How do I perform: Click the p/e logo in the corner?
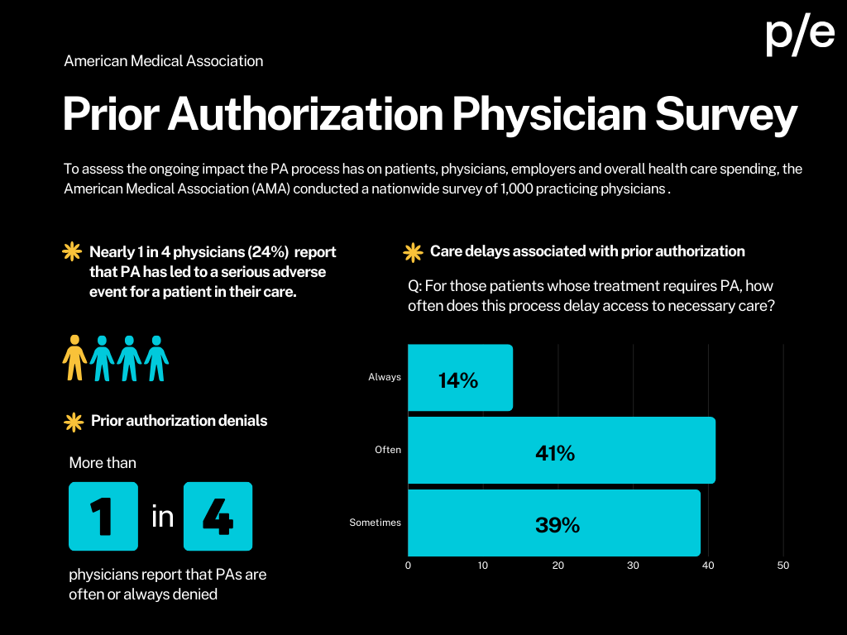tap(799, 36)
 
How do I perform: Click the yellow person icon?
tap(75, 357)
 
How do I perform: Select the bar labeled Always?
tap(460, 378)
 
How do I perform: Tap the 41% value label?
tap(555, 453)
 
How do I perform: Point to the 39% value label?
tap(557, 525)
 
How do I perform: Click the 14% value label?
tap(458, 380)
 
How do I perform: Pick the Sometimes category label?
tap(375, 523)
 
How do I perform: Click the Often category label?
tap(387, 450)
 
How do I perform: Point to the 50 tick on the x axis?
tap(783, 566)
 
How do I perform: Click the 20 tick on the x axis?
tap(558, 566)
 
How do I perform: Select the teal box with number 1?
tap(103, 517)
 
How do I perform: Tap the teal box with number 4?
tap(218, 517)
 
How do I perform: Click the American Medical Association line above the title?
tap(164, 61)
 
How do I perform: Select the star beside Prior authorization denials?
tap(74, 422)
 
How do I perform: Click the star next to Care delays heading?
tap(412, 252)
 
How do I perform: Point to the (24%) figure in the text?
tap(266, 252)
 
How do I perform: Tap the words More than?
tap(103, 463)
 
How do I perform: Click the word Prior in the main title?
tap(111, 115)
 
